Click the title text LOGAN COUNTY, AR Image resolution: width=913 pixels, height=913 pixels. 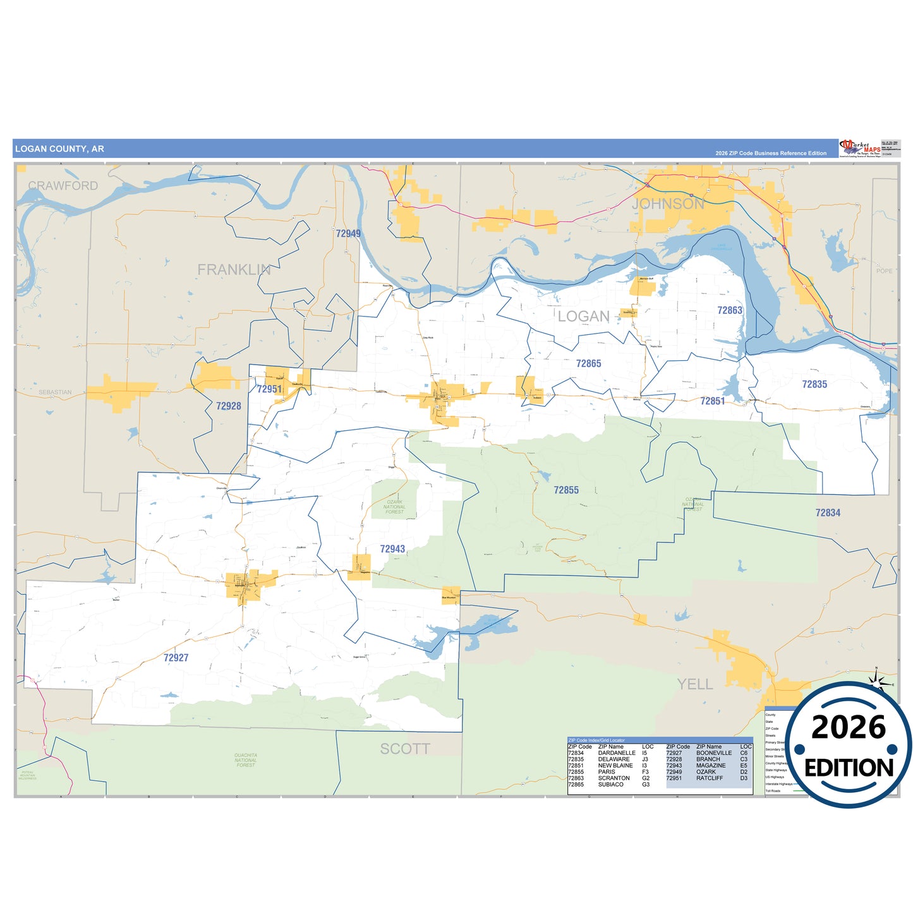point(59,149)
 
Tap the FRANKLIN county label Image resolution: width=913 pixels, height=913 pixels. point(234,270)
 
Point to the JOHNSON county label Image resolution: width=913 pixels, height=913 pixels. point(668,204)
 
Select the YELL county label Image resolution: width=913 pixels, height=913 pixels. point(695,684)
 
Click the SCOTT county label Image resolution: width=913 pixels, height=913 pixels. point(405,749)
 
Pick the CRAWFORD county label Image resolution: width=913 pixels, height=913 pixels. point(63,186)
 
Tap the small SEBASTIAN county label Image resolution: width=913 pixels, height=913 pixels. point(55,392)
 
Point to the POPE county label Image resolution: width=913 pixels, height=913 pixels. point(884,271)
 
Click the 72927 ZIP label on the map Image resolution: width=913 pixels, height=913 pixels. point(176,658)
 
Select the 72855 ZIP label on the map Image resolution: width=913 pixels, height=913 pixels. point(566,490)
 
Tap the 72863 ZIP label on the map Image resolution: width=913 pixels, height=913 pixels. point(730,310)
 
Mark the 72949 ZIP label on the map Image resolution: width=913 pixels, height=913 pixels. point(348,234)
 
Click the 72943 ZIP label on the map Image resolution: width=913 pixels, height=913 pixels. point(392,549)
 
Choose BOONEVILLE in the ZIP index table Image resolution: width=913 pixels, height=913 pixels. point(714,753)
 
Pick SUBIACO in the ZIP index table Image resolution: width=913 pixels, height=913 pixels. point(610,785)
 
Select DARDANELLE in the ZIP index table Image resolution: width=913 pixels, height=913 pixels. point(617,753)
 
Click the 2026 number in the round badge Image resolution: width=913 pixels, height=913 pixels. point(849,728)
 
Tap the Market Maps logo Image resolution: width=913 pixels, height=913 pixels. point(860,148)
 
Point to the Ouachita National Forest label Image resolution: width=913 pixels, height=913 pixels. point(246,760)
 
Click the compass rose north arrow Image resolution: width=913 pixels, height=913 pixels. point(876,679)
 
